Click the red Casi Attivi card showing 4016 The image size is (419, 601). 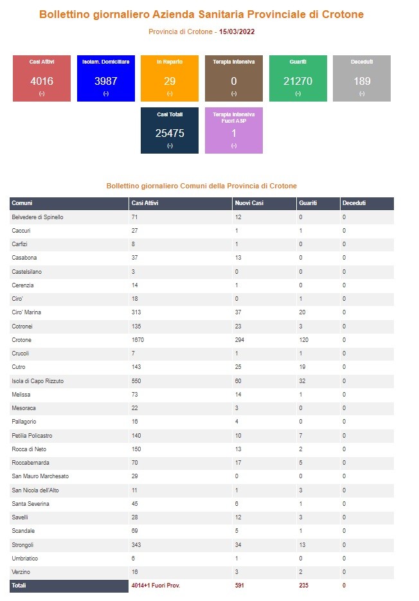[x=42, y=78]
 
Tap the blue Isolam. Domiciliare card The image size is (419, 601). [x=106, y=78]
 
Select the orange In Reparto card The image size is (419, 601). [x=170, y=78]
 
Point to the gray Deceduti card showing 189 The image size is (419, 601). [x=362, y=78]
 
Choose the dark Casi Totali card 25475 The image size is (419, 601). [x=170, y=130]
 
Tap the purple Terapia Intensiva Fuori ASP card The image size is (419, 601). [x=234, y=130]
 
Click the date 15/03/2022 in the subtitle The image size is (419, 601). [x=237, y=31]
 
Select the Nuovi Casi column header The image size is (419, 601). [x=249, y=203]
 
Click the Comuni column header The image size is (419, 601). [x=22, y=203]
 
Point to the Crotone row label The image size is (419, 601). [x=21, y=340]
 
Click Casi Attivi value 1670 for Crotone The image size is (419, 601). [x=138, y=340]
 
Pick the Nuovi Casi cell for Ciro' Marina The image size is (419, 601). [x=238, y=312]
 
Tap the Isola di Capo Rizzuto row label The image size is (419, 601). [x=37, y=381]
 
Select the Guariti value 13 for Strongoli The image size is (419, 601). [x=302, y=545]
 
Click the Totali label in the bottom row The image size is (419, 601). [x=19, y=586]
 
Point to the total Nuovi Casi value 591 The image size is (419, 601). [x=239, y=586]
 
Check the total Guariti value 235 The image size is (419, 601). [x=303, y=586]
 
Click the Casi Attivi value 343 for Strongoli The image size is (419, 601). [x=136, y=545]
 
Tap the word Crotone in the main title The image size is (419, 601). [x=343, y=15]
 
